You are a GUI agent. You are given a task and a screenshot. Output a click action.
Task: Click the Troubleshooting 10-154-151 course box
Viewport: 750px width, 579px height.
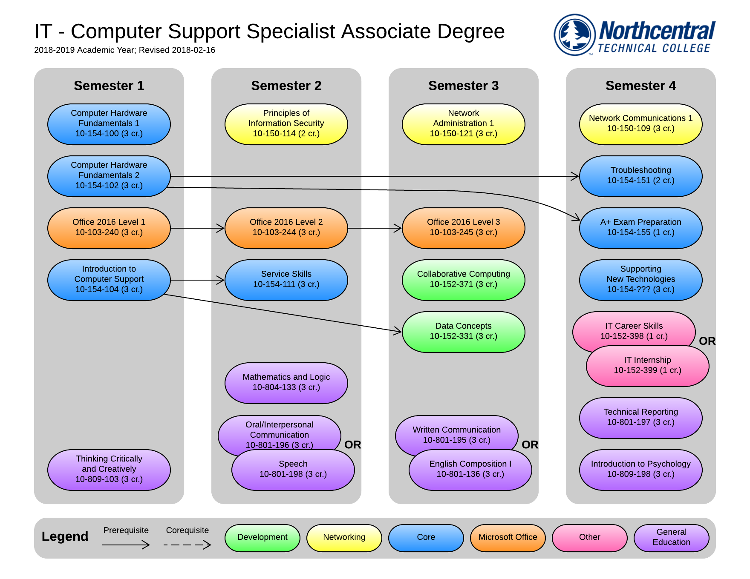[640, 176]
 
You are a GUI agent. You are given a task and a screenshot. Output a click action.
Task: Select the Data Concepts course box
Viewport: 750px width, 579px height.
[463, 332]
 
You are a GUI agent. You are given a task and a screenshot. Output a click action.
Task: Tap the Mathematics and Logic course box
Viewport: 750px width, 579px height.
[286, 383]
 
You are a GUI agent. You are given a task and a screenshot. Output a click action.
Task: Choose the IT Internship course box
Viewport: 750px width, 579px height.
[647, 366]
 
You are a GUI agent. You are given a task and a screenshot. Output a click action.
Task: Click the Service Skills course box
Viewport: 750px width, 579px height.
[286, 280]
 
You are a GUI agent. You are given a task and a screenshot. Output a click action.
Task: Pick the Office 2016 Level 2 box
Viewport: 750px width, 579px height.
[286, 228]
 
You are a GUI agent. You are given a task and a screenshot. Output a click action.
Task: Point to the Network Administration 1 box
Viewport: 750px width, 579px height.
[463, 124]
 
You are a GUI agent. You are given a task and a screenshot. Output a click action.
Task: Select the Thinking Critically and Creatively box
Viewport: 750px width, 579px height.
[109, 470]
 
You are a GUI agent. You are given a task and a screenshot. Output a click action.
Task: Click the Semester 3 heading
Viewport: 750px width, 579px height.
[463, 86]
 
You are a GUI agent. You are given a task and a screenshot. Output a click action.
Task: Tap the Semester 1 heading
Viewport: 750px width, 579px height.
[109, 86]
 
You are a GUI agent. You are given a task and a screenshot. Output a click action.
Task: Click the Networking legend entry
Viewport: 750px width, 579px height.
[344, 537]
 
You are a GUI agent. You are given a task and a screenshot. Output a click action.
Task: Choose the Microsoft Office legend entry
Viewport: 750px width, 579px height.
[508, 537]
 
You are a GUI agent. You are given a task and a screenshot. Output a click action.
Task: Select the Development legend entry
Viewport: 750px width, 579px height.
[262, 537]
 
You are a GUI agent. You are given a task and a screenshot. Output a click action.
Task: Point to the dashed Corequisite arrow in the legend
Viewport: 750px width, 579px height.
[187, 545]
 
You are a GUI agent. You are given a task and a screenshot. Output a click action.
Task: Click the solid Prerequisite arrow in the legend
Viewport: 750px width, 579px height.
[126, 545]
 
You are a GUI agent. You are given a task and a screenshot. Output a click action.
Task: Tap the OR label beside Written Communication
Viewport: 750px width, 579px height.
[530, 445]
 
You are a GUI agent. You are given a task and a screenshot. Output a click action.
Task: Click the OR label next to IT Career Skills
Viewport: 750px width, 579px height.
[707, 341]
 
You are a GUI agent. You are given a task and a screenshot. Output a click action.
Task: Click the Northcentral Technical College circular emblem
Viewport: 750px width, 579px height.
[574, 34]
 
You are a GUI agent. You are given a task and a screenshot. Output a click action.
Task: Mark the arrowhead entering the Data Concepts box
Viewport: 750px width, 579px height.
[398, 331]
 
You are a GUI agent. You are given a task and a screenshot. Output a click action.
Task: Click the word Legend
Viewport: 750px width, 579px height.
[65, 536]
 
